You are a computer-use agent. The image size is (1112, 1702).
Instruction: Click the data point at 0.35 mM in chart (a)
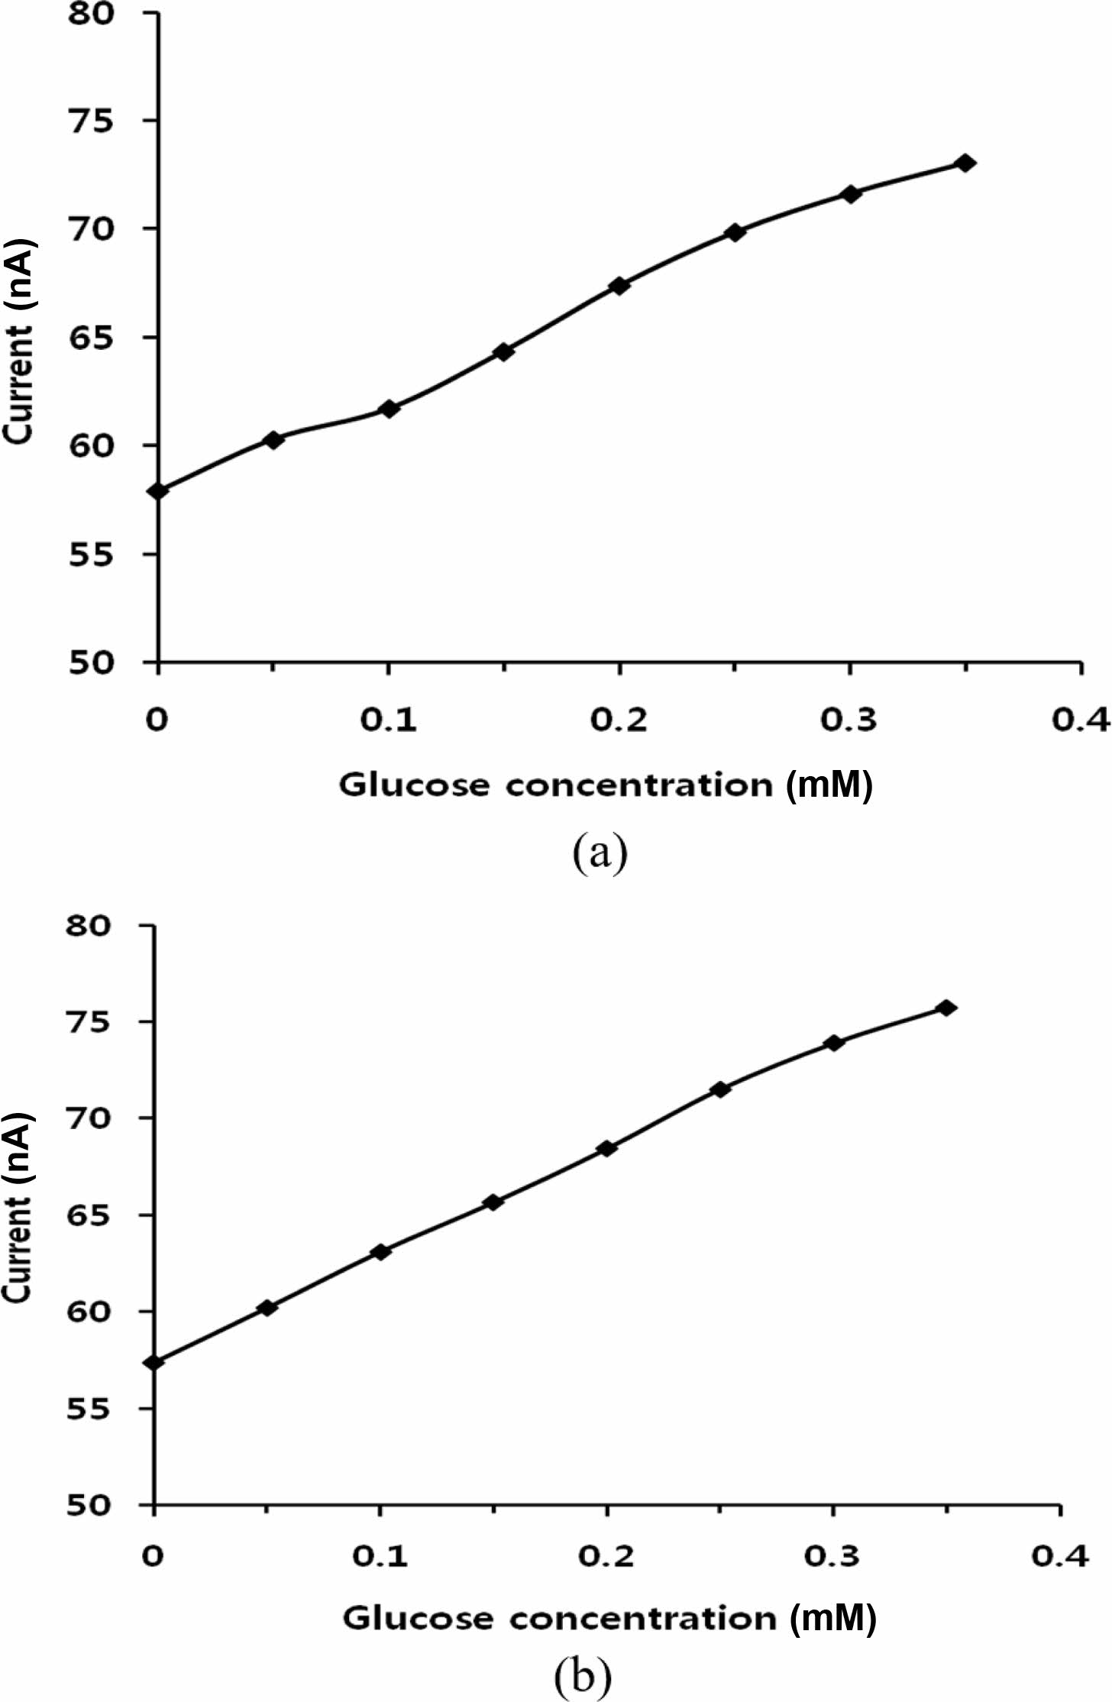pos(965,163)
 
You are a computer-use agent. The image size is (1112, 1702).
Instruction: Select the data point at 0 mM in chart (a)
pos(158,490)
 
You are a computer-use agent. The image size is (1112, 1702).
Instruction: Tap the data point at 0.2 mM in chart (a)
pos(619,286)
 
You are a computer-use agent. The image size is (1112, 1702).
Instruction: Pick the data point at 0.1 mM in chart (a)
pos(389,409)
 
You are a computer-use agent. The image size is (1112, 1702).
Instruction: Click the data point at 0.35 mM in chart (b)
pos(946,1008)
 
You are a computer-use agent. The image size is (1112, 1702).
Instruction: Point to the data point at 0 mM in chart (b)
pos(155,1363)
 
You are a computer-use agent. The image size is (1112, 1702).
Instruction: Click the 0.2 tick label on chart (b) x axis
pos(606,1556)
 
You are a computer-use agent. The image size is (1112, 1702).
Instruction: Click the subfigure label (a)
pos(600,853)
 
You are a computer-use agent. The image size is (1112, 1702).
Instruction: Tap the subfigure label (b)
pos(583,1676)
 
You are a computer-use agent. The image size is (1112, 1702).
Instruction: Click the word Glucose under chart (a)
pos(415,785)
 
